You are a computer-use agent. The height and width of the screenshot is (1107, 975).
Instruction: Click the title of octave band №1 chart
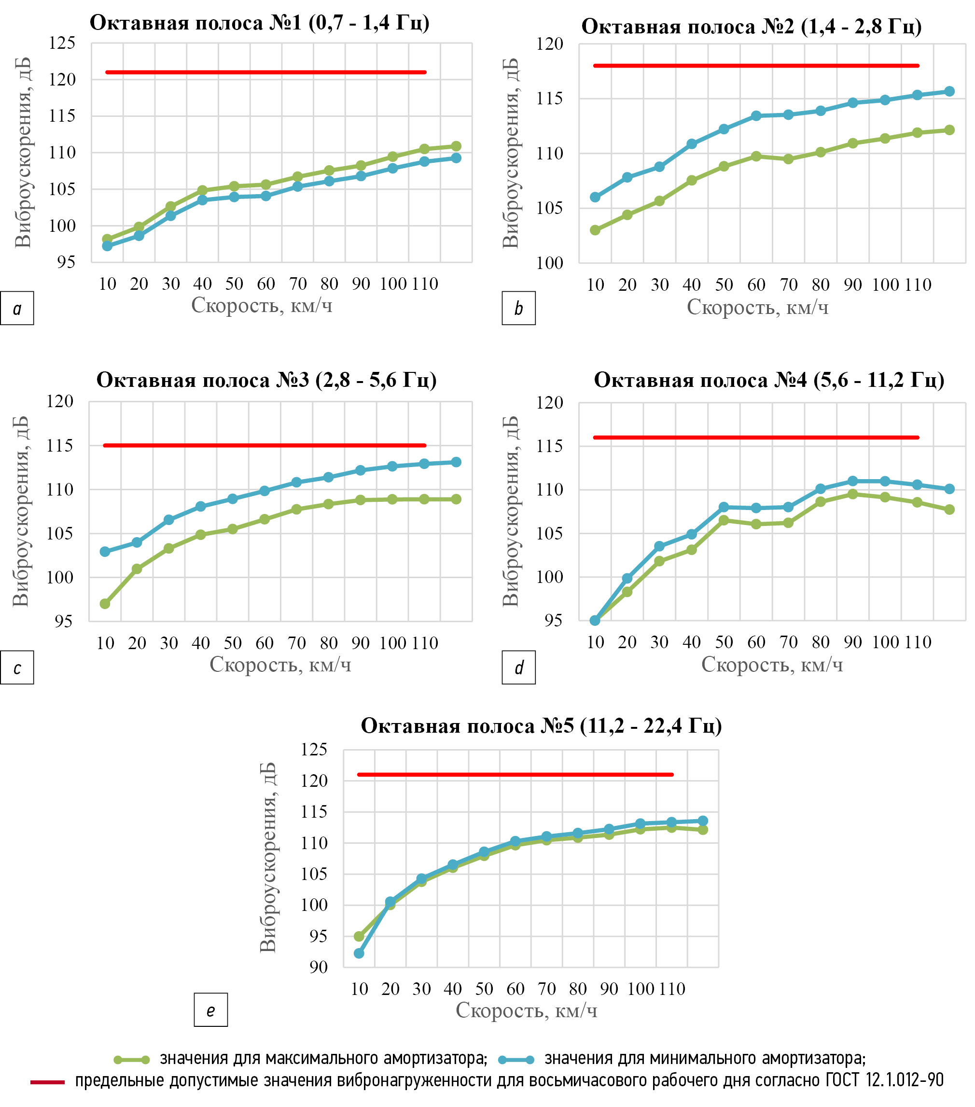(259, 23)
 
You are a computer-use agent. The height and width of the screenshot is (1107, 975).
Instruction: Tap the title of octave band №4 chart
(769, 380)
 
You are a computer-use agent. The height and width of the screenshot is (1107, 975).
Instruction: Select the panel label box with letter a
(17, 309)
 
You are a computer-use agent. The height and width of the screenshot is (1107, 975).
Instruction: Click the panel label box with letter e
(210, 1010)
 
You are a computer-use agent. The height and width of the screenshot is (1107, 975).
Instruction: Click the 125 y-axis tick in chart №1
(62, 43)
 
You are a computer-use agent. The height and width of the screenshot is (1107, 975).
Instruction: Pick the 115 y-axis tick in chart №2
(549, 99)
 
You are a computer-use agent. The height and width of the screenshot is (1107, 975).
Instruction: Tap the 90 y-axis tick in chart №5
(319, 967)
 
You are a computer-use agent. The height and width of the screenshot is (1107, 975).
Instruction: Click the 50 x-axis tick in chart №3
(233, 643)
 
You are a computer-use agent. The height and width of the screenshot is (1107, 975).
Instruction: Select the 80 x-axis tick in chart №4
(821, 642)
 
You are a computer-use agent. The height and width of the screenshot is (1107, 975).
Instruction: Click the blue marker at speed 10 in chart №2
(595, 197)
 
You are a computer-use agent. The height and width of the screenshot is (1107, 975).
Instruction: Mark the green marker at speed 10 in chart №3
(105, 604)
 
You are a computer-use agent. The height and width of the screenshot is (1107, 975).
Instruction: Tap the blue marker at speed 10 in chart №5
(359, 953)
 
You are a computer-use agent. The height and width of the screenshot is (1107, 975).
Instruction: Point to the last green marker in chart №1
(456, 146)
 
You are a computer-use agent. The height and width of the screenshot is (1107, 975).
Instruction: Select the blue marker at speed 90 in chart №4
(853, 481)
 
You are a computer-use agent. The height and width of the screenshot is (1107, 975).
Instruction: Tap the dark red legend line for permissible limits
(47, 1082)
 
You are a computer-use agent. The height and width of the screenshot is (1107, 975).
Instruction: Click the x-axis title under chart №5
(526, 1010)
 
